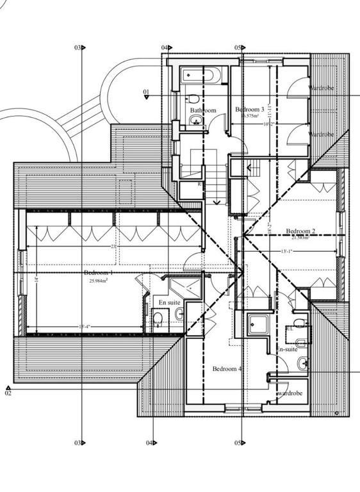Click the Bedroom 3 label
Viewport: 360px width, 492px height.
click(x=250, y=110)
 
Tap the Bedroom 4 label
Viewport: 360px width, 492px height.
click(x=227, y=369)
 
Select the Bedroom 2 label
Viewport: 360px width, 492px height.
click(x=300, y=231)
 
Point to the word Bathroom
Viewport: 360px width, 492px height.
click(x=203, y=110)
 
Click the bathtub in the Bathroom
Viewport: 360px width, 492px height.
click(x=200, y=76)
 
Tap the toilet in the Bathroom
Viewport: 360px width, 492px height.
click(x=193, y=99)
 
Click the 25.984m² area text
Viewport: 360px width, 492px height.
click(x=101, y=281)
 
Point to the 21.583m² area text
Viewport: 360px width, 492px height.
click(x=300, y=238)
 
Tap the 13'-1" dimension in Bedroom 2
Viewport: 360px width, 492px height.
click(x=288, y=251)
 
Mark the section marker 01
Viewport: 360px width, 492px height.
click(x=146, y=94)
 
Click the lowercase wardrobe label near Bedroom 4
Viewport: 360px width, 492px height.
click(x=290, y=393)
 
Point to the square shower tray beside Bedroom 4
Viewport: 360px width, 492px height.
click(x=259, y=325)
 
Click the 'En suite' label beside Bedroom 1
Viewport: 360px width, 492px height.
click(x=170, y=301)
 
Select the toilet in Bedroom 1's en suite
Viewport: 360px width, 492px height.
click(x=157, y=318)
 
